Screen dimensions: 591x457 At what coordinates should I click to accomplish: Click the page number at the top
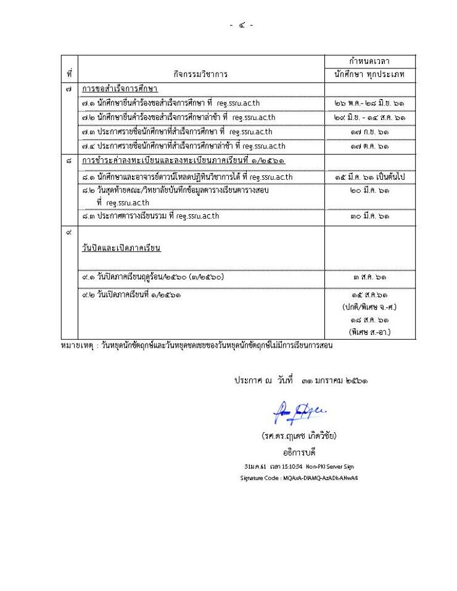click(x=241, y=25)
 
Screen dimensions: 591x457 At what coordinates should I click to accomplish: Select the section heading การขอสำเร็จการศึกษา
click(x=120, y=89)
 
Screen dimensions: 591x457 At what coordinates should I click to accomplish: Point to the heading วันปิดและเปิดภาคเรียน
click(x=121, y=249)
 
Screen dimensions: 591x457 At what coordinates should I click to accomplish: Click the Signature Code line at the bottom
click(x=299, y=478)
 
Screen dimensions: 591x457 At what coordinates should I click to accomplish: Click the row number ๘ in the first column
click(x=69, y=161)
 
